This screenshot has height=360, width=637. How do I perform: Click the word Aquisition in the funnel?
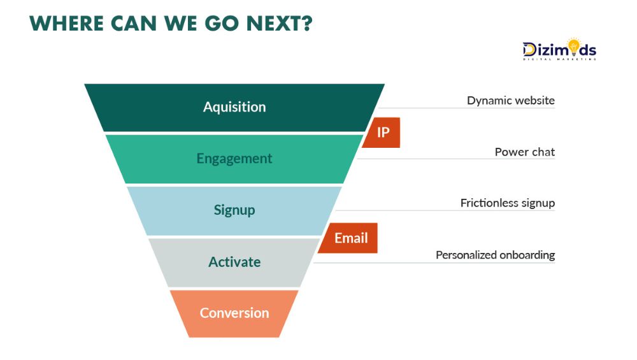point(234,107)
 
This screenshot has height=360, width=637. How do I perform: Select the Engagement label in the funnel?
point(234,159)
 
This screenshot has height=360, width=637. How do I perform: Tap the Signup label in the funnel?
point(234,210)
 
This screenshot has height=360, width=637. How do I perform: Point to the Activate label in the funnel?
point(234,262)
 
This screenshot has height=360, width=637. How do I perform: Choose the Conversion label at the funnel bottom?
point(234,313)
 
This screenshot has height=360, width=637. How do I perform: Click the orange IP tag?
point(383,133)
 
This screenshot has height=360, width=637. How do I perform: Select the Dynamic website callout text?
point(510,101)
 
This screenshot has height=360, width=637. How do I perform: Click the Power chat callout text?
point(524,152)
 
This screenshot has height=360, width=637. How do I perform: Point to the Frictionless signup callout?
point(507,203)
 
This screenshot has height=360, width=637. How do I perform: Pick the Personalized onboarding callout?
point(495,255)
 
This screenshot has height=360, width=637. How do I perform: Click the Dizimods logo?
point(559,50)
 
